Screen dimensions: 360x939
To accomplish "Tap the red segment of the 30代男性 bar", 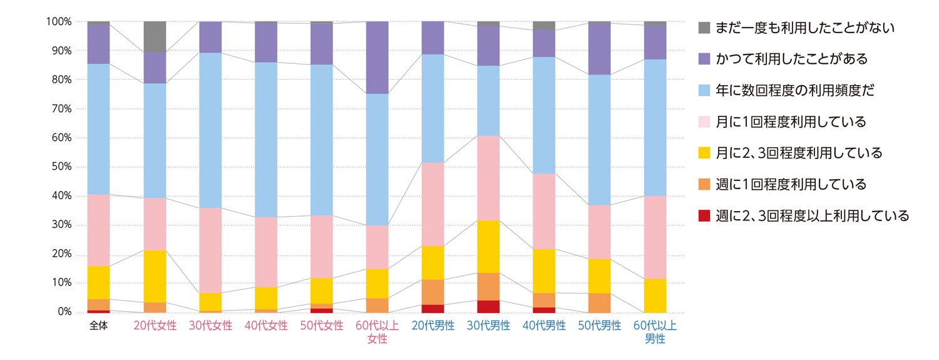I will click(x=488, y=306).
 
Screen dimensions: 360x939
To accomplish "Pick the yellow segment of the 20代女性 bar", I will click(x=155, y=276).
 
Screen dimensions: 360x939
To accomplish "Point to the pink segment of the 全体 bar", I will click(x=99, y=230).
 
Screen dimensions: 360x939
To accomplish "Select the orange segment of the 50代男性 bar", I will click(x=600, y=302).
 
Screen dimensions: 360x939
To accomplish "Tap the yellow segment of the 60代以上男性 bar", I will click(x=655, y=296).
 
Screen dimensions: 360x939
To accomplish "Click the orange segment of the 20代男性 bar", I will click(x=433, y=292).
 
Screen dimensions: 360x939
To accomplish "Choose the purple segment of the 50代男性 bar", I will click(x=600, y=49).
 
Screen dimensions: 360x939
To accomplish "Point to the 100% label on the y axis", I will click(x=58, y=21).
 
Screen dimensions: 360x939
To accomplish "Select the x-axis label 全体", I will click(x=99, y=326).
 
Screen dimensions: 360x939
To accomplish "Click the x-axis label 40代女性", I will click(x=266, y=326).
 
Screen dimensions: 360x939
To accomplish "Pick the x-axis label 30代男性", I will click(x=488, y=326).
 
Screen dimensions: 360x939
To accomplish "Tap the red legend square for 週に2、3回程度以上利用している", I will click(x=704, y=216).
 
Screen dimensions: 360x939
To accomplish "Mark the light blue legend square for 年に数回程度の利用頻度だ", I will click(x=704, y=91).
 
